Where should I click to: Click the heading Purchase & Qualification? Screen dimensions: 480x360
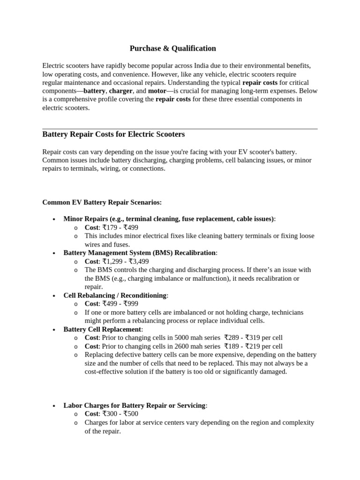click(x=172, y=48)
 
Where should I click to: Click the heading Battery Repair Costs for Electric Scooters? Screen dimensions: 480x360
click(x=113, y=135)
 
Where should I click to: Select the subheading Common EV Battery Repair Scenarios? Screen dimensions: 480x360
click(x=102, y=202)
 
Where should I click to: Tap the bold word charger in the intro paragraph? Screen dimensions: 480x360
click(x=121, y=91)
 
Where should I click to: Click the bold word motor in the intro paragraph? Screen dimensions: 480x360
click(x=157, y=91)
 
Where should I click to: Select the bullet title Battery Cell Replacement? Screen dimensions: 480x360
click(x=102, y=329)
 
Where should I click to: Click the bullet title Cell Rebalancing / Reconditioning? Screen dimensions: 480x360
click(x=115, y=295)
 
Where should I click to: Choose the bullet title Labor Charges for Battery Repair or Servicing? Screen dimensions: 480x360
click(x=134, y=405)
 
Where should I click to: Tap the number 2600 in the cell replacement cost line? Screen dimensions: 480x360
click(x=183, y=346)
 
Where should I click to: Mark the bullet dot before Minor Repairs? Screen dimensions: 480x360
click(x=55, y=219)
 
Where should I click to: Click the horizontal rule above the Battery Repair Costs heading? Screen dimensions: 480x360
click(x=180, y=128)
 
